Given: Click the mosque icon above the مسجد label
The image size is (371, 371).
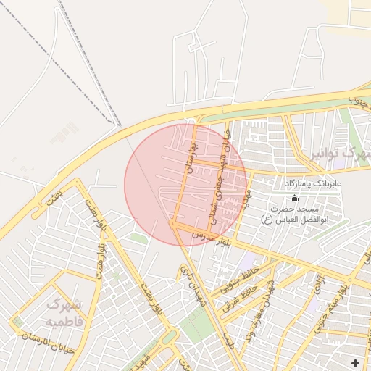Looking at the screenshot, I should pyautogui.click(x=294, y=198).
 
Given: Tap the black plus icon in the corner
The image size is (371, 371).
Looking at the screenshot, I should pyautogui.click(x=355, y=362).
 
